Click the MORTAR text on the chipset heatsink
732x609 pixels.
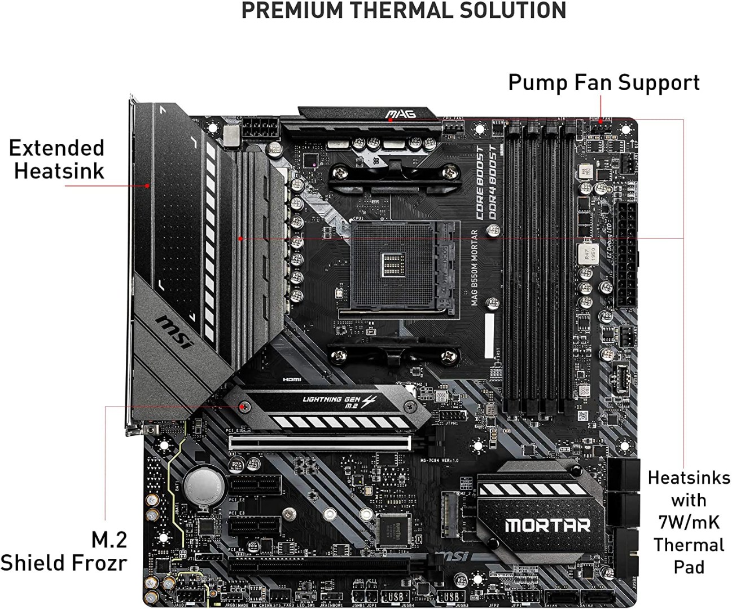pos(547,526)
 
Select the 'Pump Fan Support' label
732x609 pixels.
pos(603,82)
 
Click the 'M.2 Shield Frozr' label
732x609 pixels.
pos(63,551)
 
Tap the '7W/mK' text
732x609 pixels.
pos(689,522)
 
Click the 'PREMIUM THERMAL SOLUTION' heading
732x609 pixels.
pos(404,11)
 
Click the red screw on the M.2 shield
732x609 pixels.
pos(244,406)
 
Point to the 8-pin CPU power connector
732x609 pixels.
pos(260,129)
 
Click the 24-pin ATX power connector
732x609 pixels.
pos(626,254)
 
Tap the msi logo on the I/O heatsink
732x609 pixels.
pos(174,332)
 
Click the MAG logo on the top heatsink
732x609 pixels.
pos(401,114)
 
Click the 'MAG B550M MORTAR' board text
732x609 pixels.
pos(475,267)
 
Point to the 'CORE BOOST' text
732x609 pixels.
pos(479,182)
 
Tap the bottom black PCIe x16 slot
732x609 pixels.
pos(319,564)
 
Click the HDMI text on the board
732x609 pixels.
pos(292,380)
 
